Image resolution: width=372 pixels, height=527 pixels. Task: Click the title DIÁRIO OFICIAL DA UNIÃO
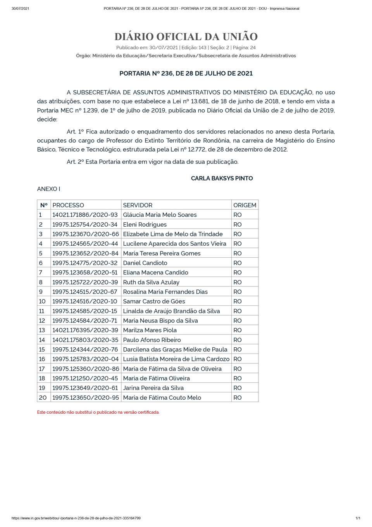186,37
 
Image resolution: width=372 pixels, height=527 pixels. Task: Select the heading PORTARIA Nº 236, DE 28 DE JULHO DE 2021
186,73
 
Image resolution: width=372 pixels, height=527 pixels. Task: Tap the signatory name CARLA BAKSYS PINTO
222,178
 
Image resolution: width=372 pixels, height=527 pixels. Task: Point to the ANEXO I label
48,189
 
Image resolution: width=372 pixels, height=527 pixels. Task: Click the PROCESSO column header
68,205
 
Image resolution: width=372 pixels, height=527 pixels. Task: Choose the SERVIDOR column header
138,205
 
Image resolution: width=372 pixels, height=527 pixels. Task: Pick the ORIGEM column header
245,205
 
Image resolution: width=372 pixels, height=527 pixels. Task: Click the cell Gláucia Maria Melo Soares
160,215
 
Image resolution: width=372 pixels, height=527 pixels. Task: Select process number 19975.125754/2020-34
85,224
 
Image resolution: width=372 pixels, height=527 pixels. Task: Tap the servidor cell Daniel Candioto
145,263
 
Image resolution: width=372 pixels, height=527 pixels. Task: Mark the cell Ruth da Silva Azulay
151,282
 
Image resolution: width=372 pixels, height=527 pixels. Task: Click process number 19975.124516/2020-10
85,301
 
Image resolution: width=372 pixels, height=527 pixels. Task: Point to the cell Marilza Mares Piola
150,330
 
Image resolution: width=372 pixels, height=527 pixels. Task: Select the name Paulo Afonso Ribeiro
152,340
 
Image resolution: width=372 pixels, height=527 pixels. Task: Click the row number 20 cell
43,397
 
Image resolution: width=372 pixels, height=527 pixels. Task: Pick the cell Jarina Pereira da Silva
153,388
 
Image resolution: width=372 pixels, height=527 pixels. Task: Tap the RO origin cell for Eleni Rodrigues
238,224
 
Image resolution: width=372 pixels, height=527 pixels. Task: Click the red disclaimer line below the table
98,412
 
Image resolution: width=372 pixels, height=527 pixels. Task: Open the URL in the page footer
76,518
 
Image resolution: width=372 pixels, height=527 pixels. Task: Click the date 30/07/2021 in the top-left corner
20,9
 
